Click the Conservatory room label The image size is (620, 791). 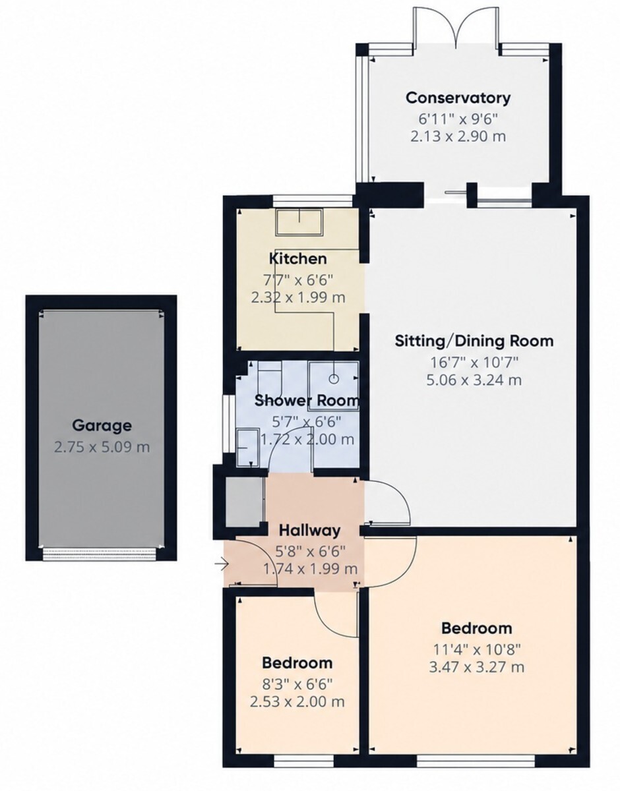pos(458,98)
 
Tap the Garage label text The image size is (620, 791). pos(102,425)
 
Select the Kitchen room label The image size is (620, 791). pos(298,259)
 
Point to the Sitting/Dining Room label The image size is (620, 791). pos(474,341)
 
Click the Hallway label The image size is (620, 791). pos(309,531)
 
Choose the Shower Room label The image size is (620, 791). pos(307,400)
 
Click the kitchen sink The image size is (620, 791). pos(299,222)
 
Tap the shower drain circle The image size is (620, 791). pos(334,378)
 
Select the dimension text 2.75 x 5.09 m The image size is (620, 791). pos(102,447)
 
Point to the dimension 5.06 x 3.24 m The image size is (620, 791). pos(474,380)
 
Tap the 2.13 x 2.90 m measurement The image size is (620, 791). pos(458,136)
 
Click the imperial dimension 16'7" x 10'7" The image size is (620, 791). pos(474,362)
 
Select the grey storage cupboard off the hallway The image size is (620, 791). pos(245,502)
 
